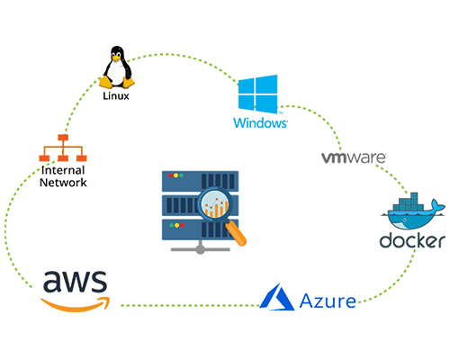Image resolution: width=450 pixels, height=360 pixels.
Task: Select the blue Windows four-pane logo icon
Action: [x=259, y=94]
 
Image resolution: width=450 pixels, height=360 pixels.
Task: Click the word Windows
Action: [x=259, y=121]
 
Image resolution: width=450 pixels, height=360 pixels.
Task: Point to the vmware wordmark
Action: [x=354, y=157]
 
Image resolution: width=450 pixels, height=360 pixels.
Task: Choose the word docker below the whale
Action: [x=413, y=241]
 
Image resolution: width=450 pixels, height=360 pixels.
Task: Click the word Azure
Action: [x=327, y=299]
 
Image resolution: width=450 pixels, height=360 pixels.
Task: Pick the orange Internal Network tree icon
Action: [x=62, y=148]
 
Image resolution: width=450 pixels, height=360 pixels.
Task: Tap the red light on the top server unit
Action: [x=166, y=175]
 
